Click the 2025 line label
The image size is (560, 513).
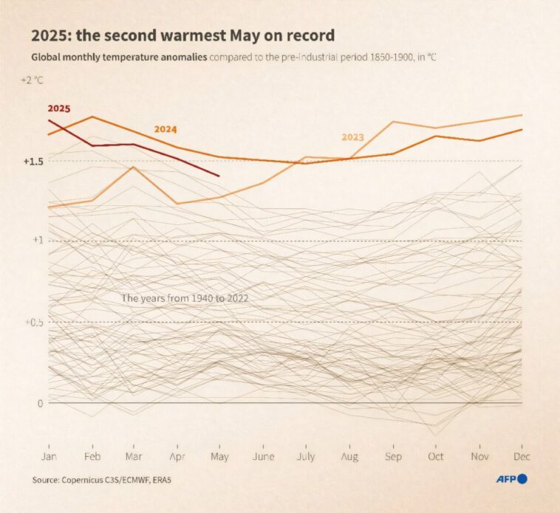point(58,109)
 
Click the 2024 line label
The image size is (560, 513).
point(165,129)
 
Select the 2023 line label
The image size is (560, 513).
point(352,137)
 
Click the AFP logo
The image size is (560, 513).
point(511,480)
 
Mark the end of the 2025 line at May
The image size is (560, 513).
point(219,176)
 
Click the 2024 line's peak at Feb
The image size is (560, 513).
point(92,117)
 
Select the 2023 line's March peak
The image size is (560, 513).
point(134,167)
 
